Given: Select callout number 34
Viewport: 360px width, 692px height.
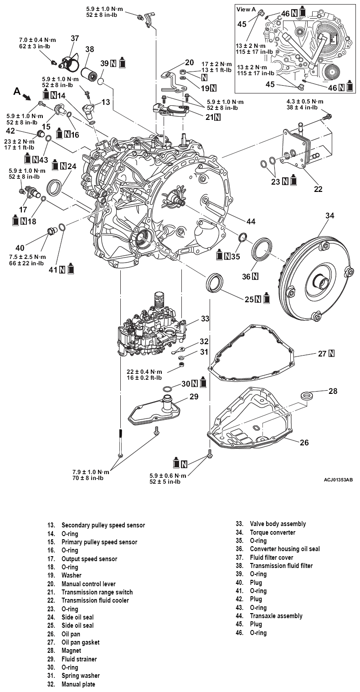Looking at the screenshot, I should click(329, 216).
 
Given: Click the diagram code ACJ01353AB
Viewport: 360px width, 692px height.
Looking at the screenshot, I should click(339, 480).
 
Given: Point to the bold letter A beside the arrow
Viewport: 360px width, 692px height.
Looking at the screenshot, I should click(17, 91).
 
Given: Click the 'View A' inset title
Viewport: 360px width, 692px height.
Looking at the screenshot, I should click(247, 9).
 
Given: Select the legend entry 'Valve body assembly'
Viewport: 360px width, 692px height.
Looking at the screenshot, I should click(278, 524).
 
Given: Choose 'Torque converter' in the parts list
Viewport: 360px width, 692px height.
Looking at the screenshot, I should click(273, 532).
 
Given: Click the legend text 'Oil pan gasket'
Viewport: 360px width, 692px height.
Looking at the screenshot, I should click(80, 642).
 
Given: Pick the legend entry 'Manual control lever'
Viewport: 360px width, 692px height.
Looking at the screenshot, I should click(88, 584).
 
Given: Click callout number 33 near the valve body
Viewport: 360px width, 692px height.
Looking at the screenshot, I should click(205, 319).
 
